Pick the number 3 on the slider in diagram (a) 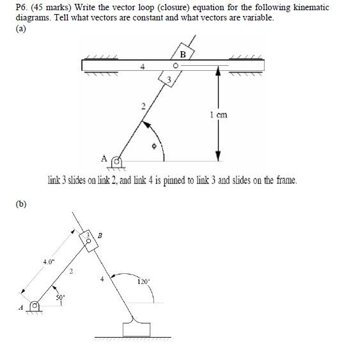point(169,79)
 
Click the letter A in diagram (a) point(104,156)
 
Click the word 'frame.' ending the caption point(284,181)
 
